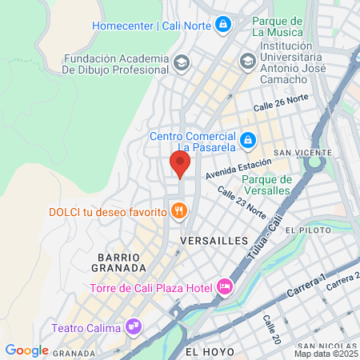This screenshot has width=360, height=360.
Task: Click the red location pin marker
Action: tap(180, 164)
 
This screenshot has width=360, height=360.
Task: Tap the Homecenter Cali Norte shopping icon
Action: tap(223, 25)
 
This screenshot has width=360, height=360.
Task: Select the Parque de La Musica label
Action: tap(277, 26)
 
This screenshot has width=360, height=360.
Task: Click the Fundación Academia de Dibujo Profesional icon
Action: tap(182, 62)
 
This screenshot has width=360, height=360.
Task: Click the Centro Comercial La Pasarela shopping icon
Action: tap(248, 140)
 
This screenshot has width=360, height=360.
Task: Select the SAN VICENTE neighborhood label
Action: tap(302, 153)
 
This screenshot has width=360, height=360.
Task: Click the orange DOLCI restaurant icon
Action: tap(180, 212)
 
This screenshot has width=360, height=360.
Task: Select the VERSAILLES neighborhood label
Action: tap(214, 240)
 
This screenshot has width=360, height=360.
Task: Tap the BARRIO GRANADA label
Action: tap(122, 262)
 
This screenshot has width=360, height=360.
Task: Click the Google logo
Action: tap(26, 350)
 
